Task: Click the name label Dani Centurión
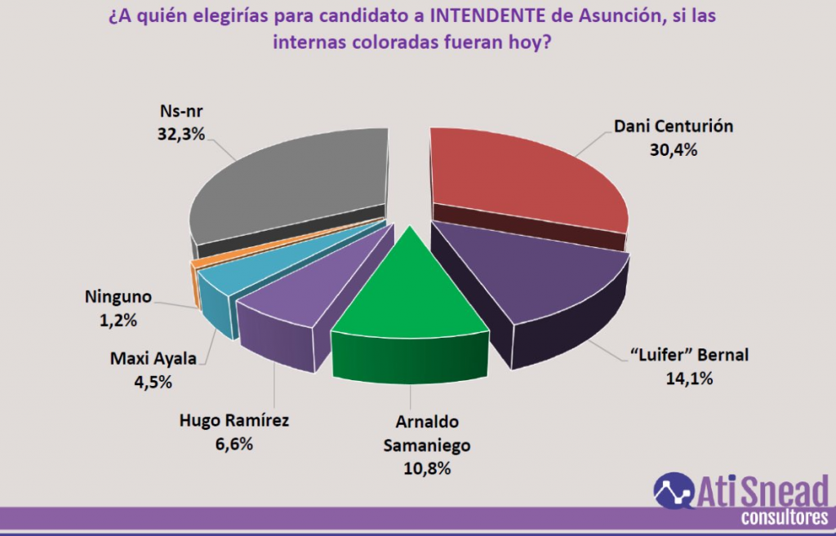click(673, 127)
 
